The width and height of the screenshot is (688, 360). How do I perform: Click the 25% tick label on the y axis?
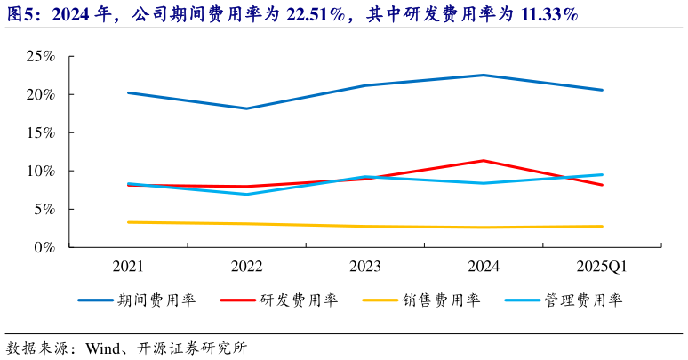(40, 56)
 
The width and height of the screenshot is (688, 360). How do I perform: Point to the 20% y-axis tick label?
(40, 94)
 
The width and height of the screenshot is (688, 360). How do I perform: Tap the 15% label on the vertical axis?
(40, 132)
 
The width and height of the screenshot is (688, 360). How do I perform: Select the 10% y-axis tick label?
(40, 171)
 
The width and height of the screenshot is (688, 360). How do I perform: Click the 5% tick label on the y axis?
(44, 209)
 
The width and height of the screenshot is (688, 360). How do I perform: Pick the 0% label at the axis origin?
(44, 247)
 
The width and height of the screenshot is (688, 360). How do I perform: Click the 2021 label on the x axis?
(129, 266)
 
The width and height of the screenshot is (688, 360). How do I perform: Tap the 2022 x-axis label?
(247, 266)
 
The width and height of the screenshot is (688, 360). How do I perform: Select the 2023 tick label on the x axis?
(365, 266)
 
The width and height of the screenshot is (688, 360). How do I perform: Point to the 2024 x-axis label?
(484, 266)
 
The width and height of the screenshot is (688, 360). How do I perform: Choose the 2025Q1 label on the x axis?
(602, 266)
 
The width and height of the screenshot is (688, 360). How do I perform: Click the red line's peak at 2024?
(484, 161)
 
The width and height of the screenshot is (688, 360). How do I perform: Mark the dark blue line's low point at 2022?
(247, 108)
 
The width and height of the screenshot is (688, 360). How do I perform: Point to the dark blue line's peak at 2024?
(484, 76)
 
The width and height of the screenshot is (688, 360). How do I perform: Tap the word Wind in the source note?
(102, 348)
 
